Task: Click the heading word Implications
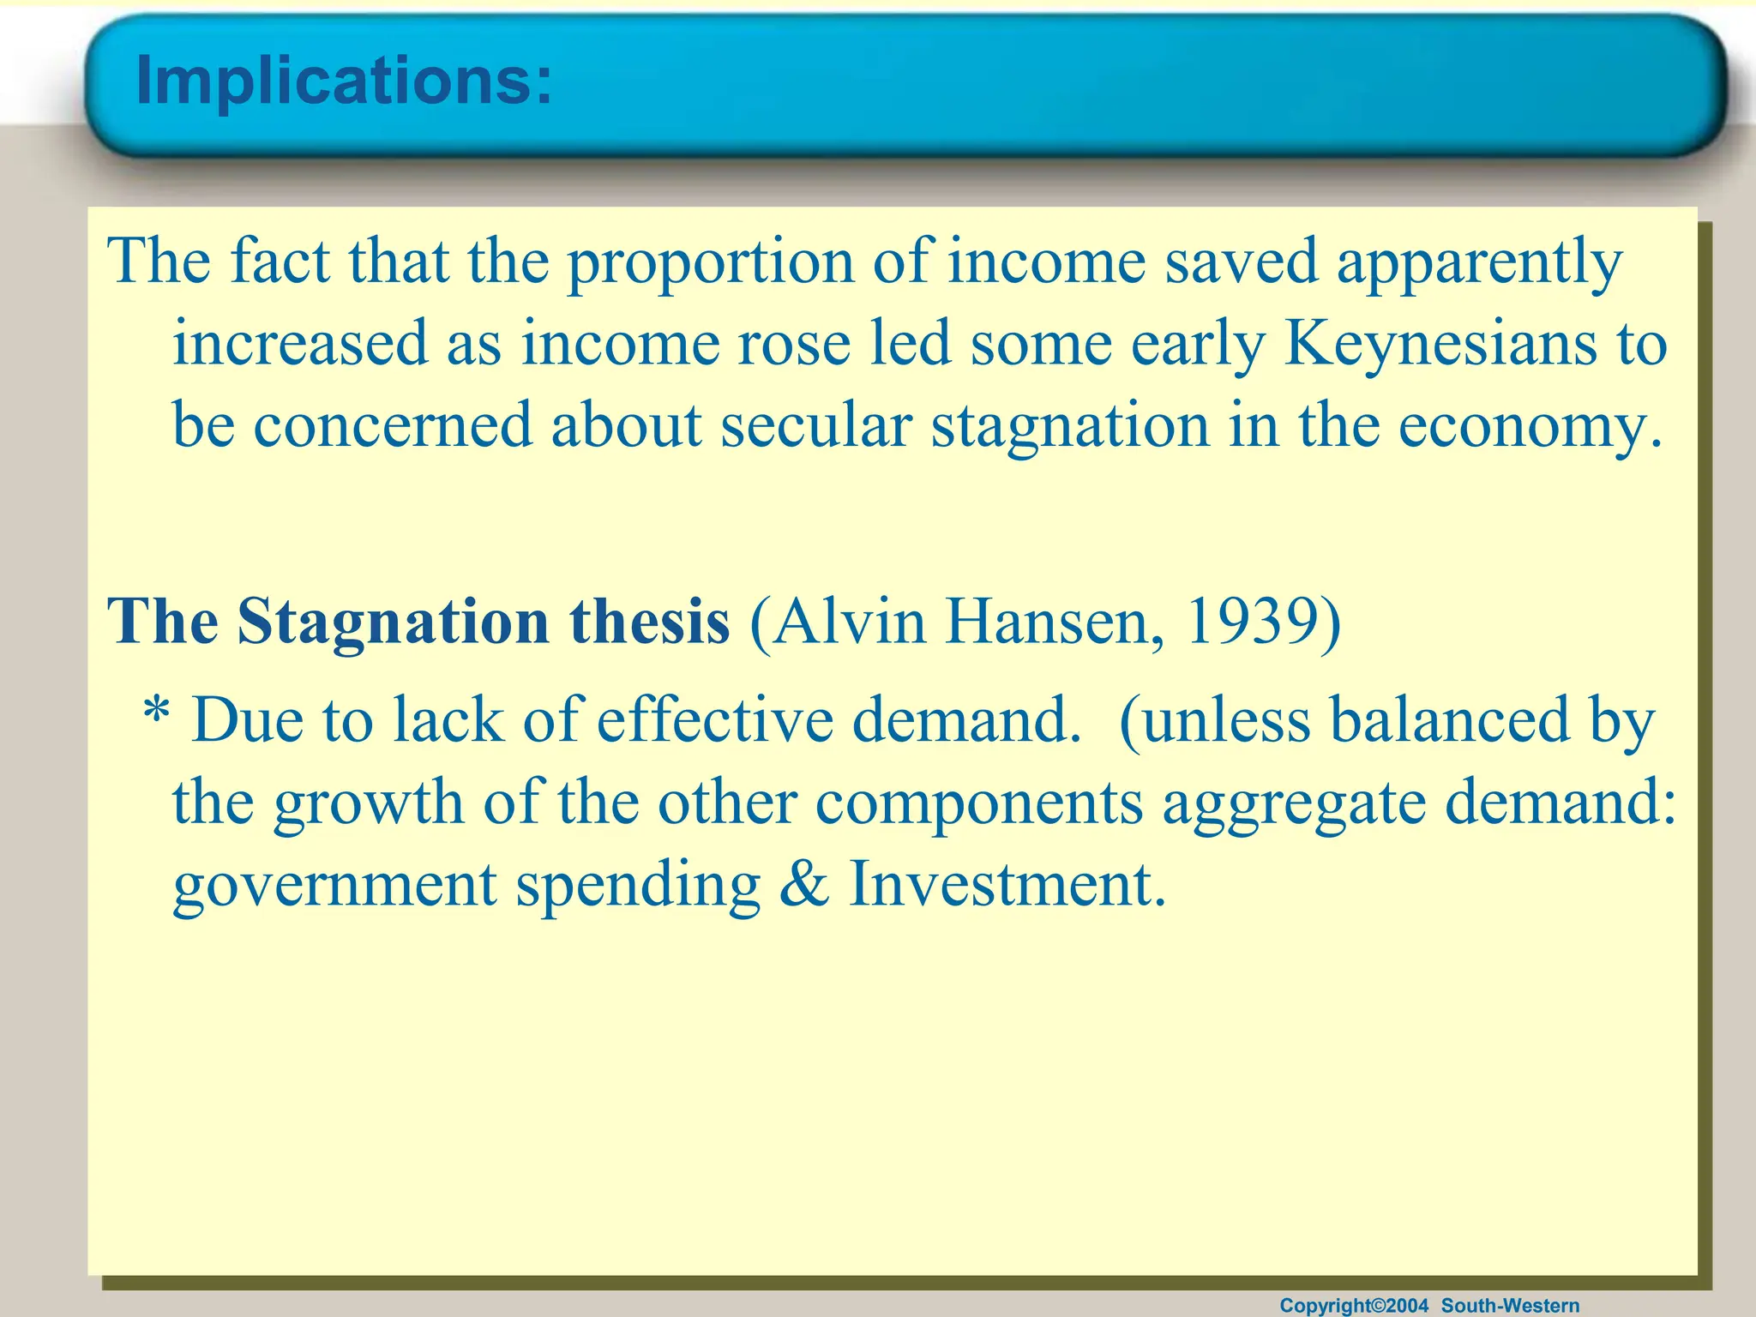[343, 81]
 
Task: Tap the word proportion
[711, 262]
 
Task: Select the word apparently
[1479, 262]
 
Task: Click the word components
[979, 804]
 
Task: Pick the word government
[334, 887]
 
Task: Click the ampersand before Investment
[804, 885]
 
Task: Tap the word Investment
[1007, 885]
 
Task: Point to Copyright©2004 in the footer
[1354, 1306]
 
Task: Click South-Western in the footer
[1510, 1306]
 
